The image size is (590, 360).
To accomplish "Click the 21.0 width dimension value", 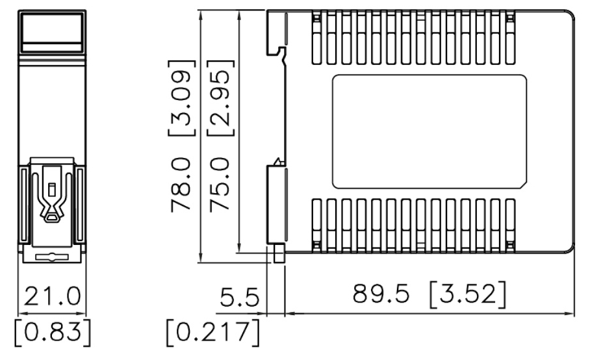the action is pyautogui.click(x=52, y=296).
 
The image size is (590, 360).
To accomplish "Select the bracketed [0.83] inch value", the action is pyautogui.click(x=53, y=333).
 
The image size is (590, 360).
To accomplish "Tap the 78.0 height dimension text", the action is pyautogui.click(x=181, y=185).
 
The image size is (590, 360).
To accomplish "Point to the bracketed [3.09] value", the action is pyautogui.click(x=182, y=98).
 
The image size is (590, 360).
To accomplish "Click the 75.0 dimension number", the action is pyautogui.click(x=220, y=185).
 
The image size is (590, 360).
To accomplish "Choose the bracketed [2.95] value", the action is pyautogui.click(x=220, y=98).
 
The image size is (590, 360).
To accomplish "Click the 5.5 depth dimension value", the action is pyautogui.click(x=239, y=297).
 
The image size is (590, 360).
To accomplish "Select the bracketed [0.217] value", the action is pyautogui.click(x=213, y=333).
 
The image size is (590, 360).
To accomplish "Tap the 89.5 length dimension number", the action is pyautogui.click(x=381, y=294).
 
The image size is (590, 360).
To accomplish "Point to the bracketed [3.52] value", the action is pyautogui.click(x=468, y=294).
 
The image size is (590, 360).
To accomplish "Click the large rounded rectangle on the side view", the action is pyautogui.click(x=430, y=132).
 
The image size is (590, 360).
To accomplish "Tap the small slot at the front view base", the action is pyautogui.click(x=52, y=257).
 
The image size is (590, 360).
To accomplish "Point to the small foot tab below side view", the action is pyautogui.click(x=279, y=253).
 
